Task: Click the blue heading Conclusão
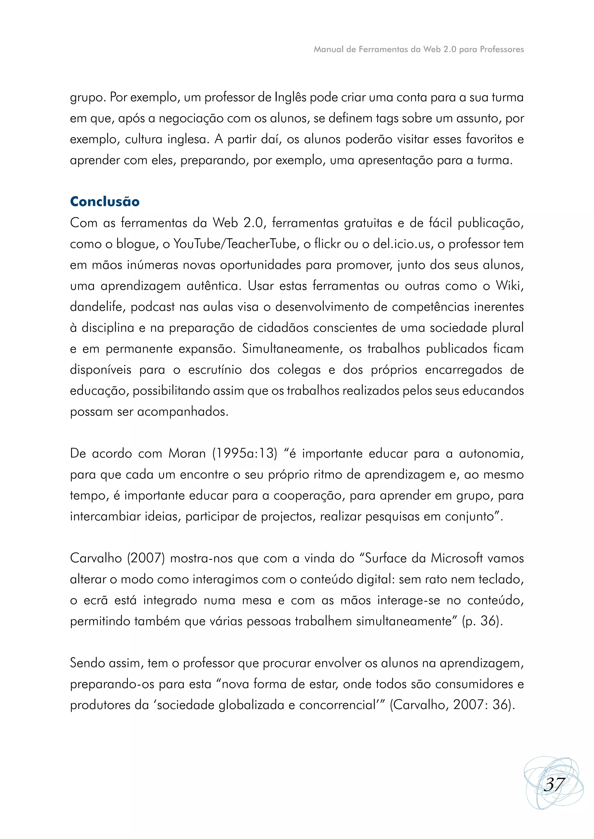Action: (105, 202)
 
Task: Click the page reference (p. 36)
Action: (482, 621)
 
